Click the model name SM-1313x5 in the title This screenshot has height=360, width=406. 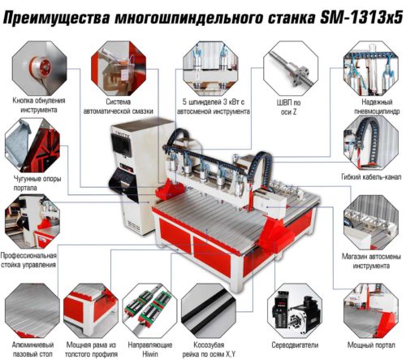361,17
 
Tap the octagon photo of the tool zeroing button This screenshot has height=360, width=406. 40,68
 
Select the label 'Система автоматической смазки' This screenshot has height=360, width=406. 119,106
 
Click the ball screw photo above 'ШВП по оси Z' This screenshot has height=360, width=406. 291,68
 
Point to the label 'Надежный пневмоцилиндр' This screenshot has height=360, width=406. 377,106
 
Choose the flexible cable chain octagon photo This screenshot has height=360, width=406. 371,143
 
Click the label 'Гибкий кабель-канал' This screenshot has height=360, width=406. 371,177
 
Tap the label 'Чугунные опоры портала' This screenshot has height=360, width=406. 37,183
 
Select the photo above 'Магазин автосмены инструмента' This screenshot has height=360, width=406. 371,222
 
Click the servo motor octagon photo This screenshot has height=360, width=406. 295,310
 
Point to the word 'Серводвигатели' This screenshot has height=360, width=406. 295,345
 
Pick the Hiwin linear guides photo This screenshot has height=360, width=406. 149,310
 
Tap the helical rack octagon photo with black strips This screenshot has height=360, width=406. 209,310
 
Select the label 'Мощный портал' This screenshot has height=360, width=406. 371,345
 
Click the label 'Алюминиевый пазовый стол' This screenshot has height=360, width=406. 32,349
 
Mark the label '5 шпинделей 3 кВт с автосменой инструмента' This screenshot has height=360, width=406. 214,106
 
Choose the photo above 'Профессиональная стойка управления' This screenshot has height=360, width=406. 32,221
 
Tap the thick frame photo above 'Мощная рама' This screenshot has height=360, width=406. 91,310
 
